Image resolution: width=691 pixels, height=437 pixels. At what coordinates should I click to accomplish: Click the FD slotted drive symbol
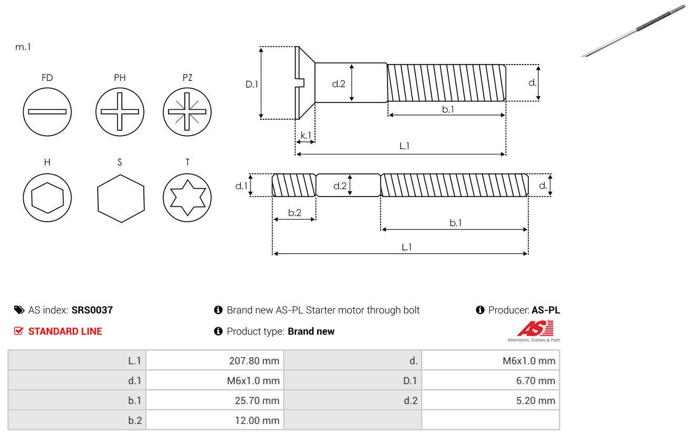pos(47,111)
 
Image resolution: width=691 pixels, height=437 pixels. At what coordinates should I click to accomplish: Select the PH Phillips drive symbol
pos(120,111)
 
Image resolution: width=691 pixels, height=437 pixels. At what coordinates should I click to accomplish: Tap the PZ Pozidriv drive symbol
pos(187,111)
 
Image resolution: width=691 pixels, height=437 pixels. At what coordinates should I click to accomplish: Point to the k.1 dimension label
pos(306,135)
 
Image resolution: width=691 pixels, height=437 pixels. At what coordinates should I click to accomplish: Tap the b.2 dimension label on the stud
pos(295,213)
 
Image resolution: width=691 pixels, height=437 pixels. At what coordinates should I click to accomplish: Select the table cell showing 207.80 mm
pos(215,360)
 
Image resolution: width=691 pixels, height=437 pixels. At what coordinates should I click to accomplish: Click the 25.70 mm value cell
pos(215,401)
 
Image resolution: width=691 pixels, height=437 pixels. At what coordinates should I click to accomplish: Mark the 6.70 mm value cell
pos(490,380)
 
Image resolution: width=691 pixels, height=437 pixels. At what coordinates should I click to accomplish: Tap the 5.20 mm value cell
pos(490,401)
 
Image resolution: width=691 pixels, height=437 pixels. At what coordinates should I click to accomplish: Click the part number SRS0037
pos(92,310)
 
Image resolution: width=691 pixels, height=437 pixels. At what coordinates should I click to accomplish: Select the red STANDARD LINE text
pos(65,331)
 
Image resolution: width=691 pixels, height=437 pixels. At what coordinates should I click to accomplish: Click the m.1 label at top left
pos(23,47)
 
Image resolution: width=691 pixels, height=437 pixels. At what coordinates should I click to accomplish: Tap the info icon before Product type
pos(218,331)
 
